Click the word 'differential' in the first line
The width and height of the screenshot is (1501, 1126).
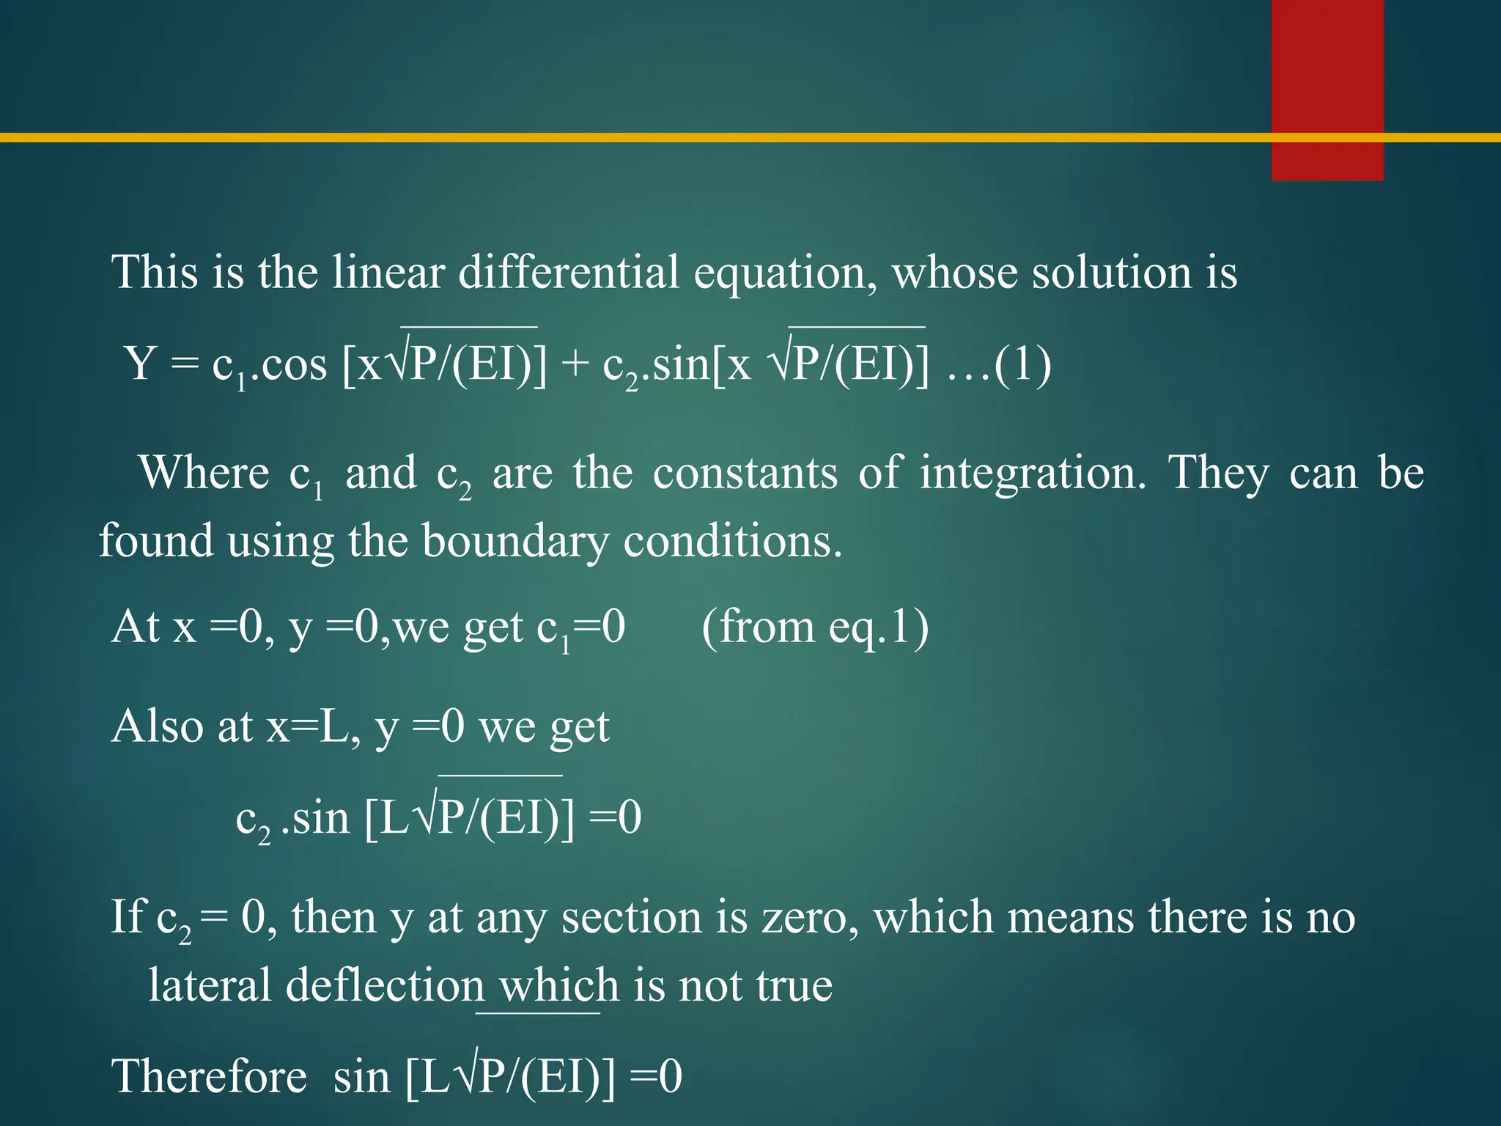[568, 273]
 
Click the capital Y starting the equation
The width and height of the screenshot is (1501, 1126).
[140, 364]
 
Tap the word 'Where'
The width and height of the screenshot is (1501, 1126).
[204, 473]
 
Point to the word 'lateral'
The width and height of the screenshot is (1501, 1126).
[210, 985]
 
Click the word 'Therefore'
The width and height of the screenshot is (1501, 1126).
[210, 1077]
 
